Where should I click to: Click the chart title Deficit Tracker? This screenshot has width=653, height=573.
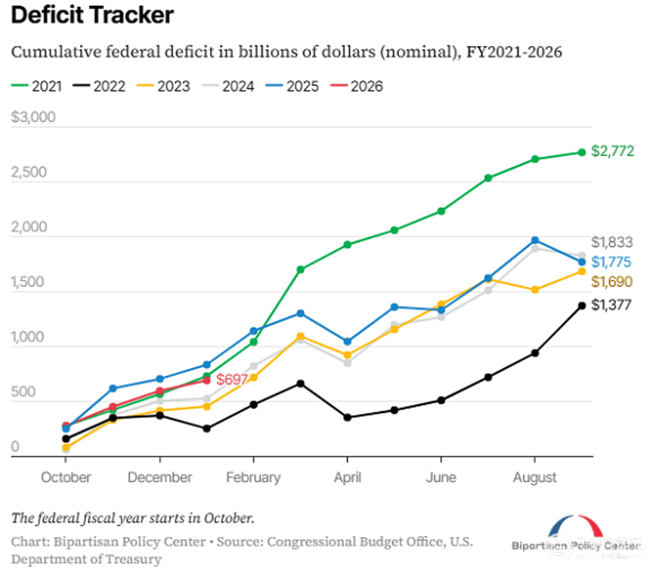click(93, 15)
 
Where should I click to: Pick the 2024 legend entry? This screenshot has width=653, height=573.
click(231, 86)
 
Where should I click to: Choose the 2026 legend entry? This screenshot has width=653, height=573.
click(358, 86)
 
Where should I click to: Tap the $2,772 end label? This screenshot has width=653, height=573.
click(612, 151)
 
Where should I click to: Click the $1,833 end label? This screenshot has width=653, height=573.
click(612, 242)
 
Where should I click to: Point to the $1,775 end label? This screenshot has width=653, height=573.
click(612, 262)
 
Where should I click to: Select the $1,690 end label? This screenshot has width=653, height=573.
click(612, 282)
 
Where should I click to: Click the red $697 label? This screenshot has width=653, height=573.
click(232, 379)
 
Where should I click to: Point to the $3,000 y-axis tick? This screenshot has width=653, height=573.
click(34, 118)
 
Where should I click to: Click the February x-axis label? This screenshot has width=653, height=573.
click(253, 477)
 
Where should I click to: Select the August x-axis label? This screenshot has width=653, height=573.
click(534, 477)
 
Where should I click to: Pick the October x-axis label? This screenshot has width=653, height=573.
click(66, 477)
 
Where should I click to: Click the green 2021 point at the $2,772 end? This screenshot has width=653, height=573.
click(582, 152)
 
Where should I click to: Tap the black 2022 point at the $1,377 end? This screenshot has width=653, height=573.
click(582, 305)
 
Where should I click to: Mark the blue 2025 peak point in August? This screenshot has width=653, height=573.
click(535, 240)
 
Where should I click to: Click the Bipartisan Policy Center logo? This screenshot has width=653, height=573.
click(576, 534)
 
